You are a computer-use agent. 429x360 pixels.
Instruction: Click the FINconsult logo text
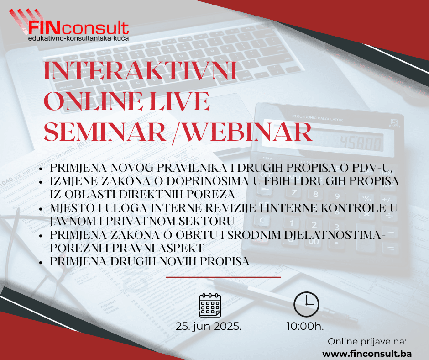point(78,28)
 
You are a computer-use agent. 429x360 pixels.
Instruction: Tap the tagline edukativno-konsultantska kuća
point(78,38)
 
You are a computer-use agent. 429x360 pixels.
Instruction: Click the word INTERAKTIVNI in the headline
point(140,71)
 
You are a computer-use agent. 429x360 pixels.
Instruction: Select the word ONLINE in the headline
point(93,101)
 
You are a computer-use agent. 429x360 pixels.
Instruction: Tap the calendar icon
point(210,305)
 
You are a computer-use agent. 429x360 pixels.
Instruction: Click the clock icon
point(306,304)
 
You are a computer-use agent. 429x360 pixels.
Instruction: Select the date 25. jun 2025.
point(209,326)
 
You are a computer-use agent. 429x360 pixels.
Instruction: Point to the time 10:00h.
point(305,326)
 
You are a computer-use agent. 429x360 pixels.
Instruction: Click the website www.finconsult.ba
point(367,354)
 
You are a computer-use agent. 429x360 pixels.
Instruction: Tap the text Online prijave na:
point(367,341)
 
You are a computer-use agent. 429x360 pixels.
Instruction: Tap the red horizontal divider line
point(223,277)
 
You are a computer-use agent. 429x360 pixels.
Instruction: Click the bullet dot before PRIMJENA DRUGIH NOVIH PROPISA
point(41,262)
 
